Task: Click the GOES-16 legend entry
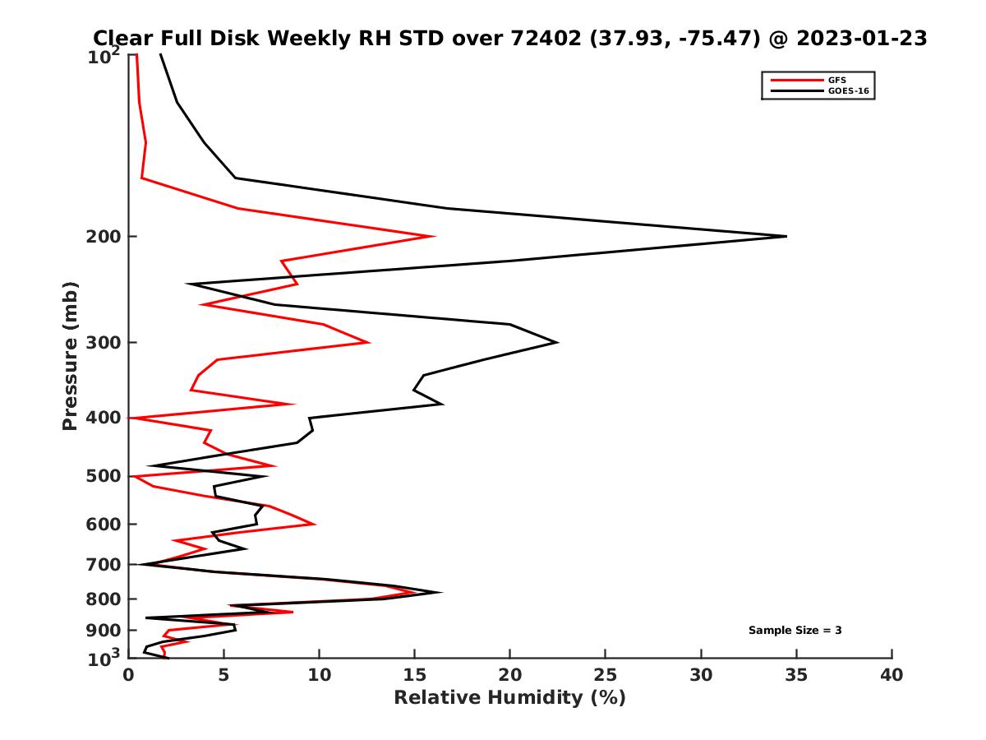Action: point(848,90)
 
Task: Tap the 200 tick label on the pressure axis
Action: point(105,237)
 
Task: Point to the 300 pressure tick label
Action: point(105,343)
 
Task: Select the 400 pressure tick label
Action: point(105,418)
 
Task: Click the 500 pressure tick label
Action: point(105,476)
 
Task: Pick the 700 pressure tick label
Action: point(105,564)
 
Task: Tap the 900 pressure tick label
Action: point(105,631)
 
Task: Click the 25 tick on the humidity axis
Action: point(606,675)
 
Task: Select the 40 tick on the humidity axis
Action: point(892,675)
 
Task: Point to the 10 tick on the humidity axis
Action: point(319,675)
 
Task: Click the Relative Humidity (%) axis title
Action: point(509,698)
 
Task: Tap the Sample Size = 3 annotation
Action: point(795,631)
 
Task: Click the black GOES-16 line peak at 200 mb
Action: point(786,237)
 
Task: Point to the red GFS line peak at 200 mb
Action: point(433,237)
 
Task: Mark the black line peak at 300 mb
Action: point(558,342)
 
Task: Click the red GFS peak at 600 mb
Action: point(314,524)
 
